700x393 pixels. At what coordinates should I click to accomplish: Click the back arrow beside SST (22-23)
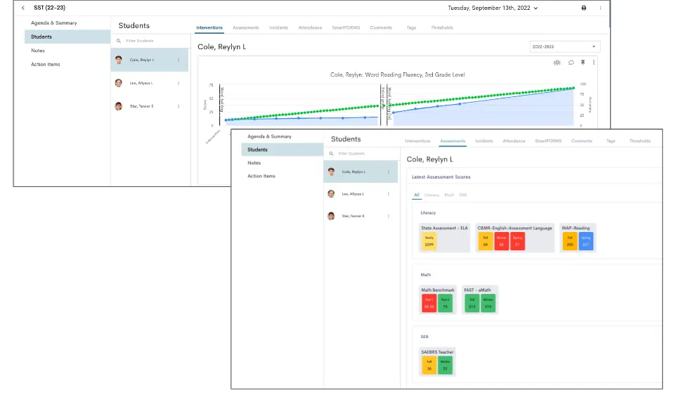click(x=22, y=8)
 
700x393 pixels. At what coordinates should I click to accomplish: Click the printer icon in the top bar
click(x=583, y=8)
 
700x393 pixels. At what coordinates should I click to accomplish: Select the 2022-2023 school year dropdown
click(x=565, y=46)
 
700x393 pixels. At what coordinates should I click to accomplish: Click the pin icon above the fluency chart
click(x=583, y=63)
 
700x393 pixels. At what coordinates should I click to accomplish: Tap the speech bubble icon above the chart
click(x=571, y=63)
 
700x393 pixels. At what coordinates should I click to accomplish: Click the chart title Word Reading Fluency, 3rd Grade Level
click(x=398, y=75)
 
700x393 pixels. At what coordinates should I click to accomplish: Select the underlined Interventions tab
click(x=209, y=27)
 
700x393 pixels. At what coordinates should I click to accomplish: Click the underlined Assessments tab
click(x=453, y=141)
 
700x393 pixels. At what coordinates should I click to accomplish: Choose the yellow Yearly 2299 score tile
click(x=429, y=242)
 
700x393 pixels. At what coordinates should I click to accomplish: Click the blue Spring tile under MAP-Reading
click(x=585, y=242)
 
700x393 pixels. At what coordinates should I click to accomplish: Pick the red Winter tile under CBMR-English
click(x=501, y=242)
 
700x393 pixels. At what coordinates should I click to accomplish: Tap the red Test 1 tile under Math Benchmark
click(x=429, y=303)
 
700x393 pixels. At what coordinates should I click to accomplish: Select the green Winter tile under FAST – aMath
click(x=488, y=303)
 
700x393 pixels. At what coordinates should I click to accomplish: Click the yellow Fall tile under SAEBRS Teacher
click(x=429, y=364)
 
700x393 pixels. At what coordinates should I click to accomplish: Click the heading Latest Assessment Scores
click(x=441, y=177)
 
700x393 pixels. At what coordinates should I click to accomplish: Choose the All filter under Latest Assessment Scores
click(x=416, y=195)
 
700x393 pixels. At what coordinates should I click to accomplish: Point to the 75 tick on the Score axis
click(x=212, y=85)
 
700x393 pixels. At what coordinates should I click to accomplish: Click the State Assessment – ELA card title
click(x=444, y=228)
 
